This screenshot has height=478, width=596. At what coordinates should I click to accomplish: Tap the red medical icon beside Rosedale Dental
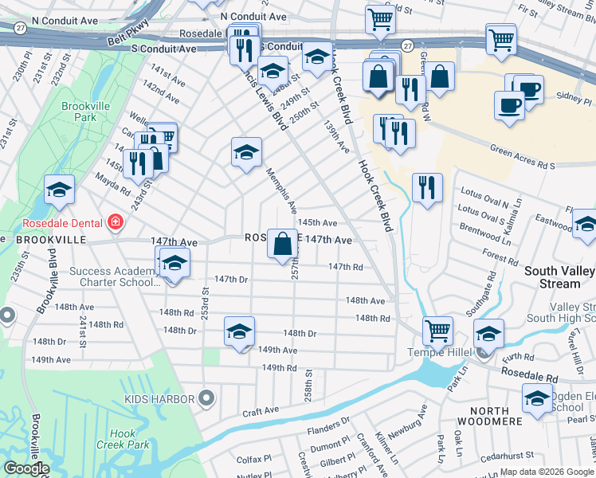(116, 221)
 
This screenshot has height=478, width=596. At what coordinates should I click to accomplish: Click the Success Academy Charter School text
(111, 276)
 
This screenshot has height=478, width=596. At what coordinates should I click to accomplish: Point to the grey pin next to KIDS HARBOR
(206, 397)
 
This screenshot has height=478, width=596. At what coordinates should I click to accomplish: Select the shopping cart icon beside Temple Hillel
(437, 329)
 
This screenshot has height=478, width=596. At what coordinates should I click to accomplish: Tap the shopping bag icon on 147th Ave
(282, 243)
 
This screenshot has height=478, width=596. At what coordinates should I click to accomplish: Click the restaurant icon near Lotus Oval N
(427, 188)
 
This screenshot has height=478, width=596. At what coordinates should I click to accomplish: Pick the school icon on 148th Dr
(239, 332)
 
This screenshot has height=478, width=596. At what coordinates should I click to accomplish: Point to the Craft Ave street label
(261, 410)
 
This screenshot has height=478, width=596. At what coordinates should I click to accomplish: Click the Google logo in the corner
(25, 468)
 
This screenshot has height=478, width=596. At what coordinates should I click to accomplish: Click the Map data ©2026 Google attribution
(546, 472)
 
